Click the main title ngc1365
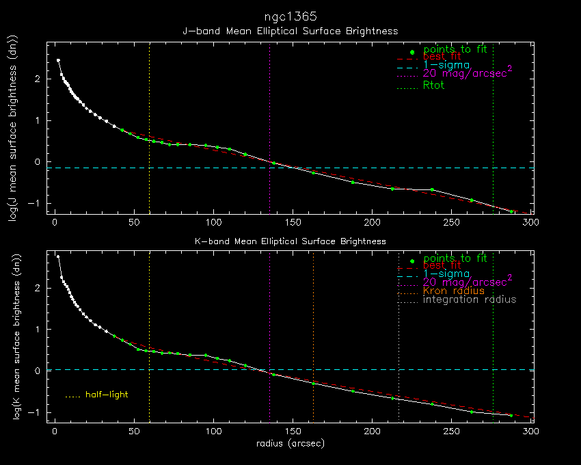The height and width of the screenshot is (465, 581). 290,16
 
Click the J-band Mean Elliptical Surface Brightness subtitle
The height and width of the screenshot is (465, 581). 290,31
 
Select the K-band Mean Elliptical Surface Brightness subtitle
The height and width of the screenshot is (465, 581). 290,241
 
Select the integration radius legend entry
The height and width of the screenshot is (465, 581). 470,300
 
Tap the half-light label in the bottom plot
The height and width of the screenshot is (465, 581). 106,395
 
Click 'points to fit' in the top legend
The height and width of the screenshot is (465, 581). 455,49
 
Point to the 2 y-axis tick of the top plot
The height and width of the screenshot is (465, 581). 39,79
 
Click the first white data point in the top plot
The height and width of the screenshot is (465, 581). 58,60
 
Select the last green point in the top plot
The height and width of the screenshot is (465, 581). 511,211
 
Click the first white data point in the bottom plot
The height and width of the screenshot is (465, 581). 58,257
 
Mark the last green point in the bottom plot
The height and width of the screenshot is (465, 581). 511,415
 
